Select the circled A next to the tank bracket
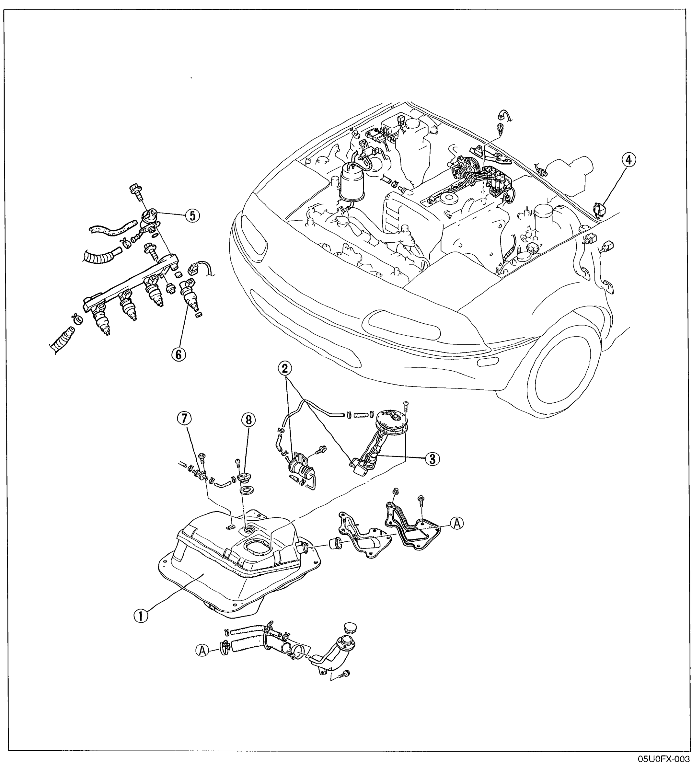point(457,523)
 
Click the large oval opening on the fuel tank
point(257,547)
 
